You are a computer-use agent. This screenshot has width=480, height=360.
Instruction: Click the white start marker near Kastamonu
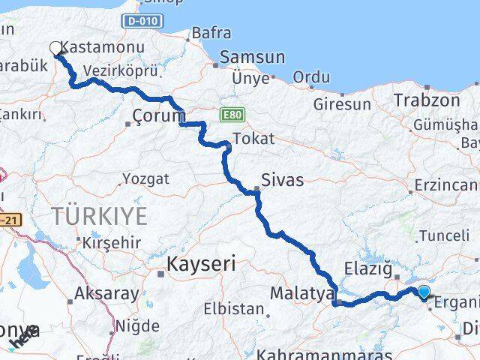click(x=56, y=49)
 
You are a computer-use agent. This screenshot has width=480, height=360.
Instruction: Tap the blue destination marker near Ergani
click(x=424, y=292)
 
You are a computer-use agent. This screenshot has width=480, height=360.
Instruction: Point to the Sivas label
click(x=282, y=179)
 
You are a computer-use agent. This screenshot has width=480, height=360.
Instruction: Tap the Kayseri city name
click(x=200, y=263)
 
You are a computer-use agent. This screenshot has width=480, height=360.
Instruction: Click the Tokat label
click(x=253, y=139)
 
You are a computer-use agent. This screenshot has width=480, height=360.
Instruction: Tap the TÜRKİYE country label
click(x=99, y=216)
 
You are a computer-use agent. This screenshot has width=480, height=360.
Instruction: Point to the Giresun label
click(x=342, y=104)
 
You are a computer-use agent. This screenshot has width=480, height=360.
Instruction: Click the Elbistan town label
click(x=233, y=308)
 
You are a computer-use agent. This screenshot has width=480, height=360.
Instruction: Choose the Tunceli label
click(x=444, y=235)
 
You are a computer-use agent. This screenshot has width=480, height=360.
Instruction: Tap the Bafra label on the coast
click(x=211, y=33)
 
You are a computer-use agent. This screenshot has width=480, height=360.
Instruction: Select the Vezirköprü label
click(x=121, y=70)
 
